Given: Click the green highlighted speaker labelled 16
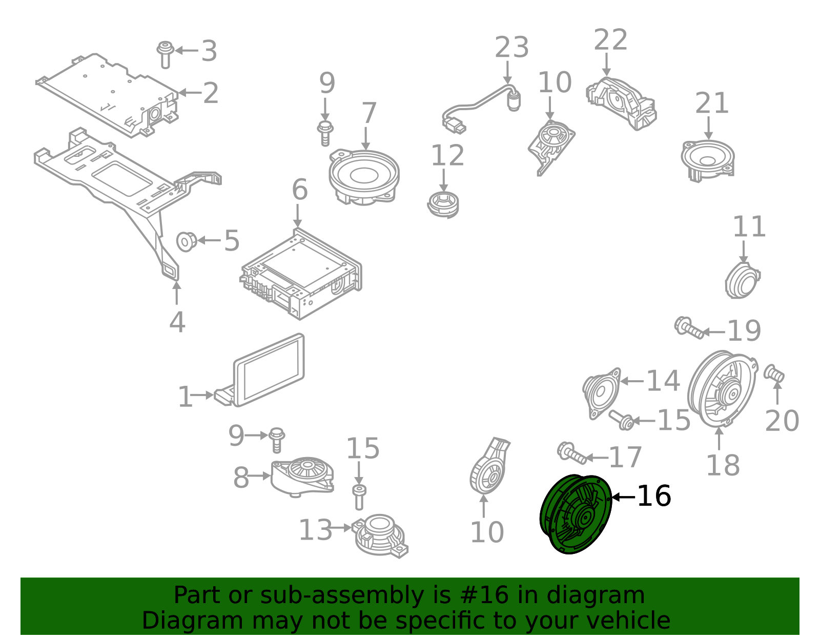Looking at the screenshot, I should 576,514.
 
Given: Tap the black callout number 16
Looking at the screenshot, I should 653,496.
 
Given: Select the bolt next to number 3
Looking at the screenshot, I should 165,54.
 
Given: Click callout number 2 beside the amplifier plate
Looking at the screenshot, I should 210,93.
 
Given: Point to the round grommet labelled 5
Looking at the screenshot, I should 186,241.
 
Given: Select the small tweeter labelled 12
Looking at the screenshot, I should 443,204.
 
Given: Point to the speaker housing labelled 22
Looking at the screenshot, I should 621,102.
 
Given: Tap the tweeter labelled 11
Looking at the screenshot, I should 742,280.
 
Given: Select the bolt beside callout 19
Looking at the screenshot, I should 688,328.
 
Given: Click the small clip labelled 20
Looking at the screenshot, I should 774,374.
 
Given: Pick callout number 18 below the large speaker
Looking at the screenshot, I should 723,465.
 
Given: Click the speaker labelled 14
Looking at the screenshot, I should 602,393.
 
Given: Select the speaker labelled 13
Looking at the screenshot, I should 379,535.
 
